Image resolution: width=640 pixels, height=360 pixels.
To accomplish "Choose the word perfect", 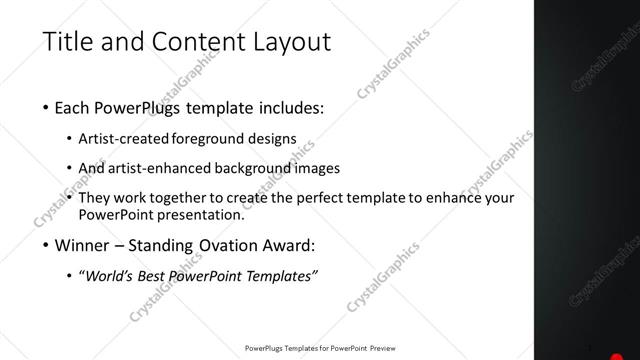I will point(321,198).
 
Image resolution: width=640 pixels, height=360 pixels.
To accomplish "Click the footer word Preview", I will point(390,349).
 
